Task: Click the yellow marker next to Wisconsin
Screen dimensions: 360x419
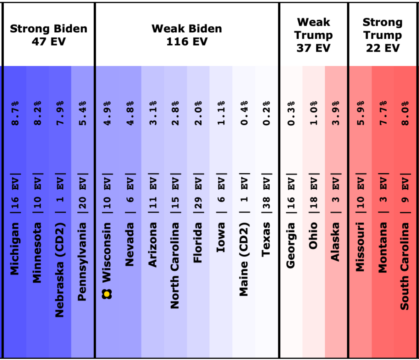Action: pos(107,293)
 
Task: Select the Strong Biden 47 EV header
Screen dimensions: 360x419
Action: pos(49,35)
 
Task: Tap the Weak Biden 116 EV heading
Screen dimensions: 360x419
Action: pos(187,35)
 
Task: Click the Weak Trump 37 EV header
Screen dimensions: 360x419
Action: pos(313,35)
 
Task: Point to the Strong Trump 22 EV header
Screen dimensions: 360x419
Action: pos(383,35)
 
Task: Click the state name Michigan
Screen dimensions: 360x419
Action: pos(15,249)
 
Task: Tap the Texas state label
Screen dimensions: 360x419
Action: pos(266,239)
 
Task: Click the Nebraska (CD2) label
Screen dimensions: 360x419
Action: pos(60,269)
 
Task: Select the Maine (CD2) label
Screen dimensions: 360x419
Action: pos(243,259)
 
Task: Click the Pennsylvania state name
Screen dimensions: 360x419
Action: pos(82,262)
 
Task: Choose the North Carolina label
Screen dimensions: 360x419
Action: pos(175,265)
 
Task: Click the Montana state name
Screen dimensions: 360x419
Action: pos(382,247)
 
